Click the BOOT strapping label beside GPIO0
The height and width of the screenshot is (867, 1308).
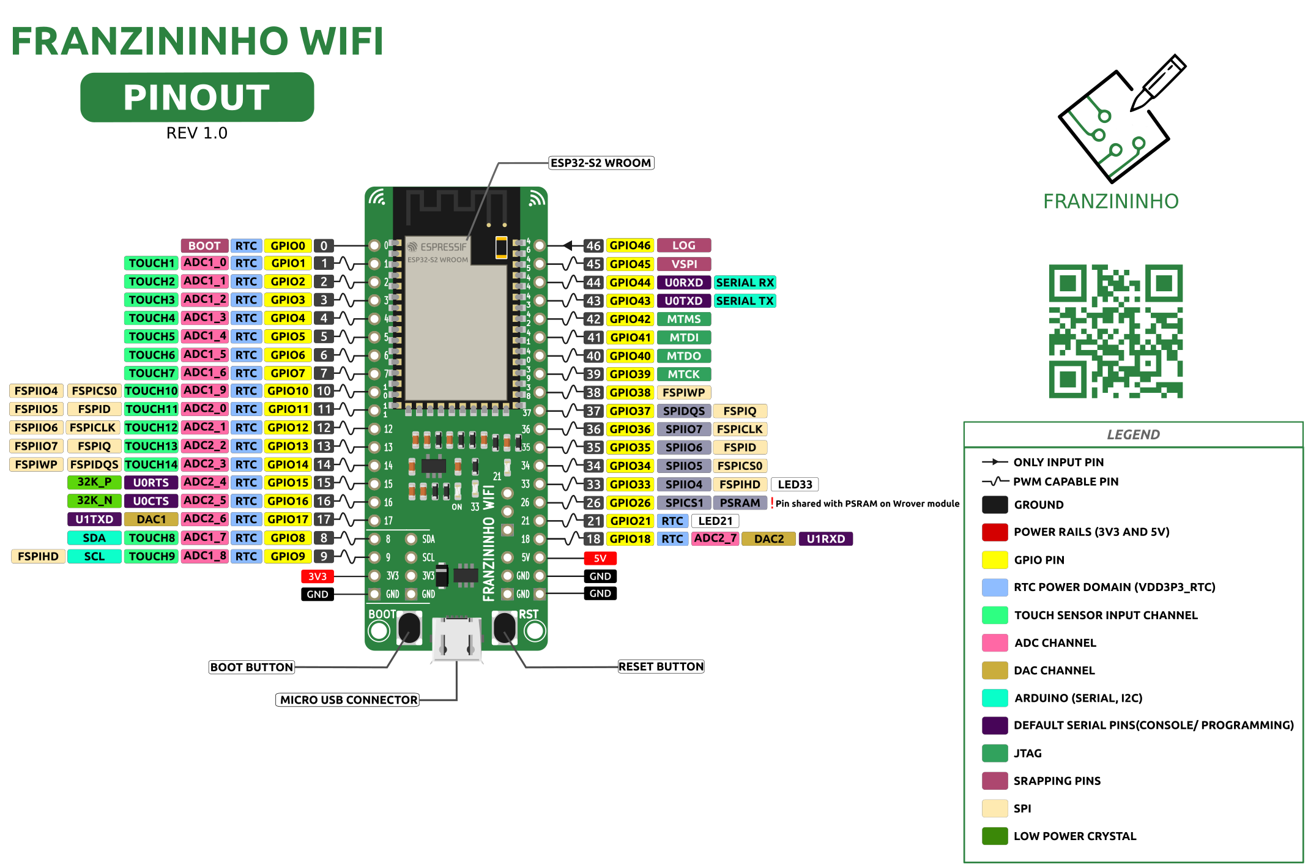pos(204,246)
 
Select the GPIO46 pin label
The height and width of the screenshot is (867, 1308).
pos(630,246)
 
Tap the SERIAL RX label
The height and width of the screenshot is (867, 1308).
pos(745,283)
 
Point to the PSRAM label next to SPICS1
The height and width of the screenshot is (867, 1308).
pos(740,503)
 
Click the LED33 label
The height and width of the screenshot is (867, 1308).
pos(795,485)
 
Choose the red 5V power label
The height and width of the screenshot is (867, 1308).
pos(600,558)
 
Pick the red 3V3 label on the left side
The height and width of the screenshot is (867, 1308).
pos(317,576)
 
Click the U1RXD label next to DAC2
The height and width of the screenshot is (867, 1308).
pos(825,539)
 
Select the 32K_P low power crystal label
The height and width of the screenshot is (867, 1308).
pos(94,482)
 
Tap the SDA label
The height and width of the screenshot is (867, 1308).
pos(94,538)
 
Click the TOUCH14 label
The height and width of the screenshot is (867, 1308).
pos(151,464)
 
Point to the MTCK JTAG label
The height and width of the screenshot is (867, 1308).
pos(683,374)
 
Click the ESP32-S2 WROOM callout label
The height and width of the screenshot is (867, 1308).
pos(601,163)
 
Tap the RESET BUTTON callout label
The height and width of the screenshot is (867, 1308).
pos(661,667)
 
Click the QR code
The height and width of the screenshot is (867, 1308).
pos(1115,331)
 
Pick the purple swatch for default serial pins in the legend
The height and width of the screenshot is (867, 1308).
pos(995,726)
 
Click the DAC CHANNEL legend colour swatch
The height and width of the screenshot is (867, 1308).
pos(995,671)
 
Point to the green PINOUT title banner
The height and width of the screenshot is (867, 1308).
pos(197,97)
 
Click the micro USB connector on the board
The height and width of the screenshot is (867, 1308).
pos(456,639)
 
